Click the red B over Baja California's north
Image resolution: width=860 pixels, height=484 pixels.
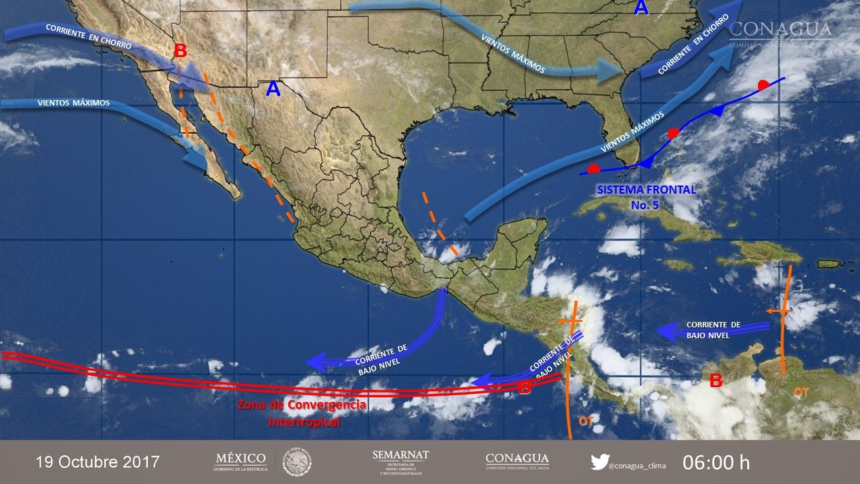[x=180, y=51]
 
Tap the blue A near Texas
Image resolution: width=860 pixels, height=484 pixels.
[x=272, y=89]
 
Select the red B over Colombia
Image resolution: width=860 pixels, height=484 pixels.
[x=716, y=381]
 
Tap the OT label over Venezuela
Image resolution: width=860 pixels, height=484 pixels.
[x=801, y=391]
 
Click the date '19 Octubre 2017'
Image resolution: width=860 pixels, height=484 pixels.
[x=97, y=462]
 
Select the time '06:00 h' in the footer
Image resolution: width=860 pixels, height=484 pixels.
[x=716, y=462]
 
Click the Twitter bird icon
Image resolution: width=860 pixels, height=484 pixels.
[x=599, y=462]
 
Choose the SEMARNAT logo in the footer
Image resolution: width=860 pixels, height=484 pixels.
[x=400, y=462]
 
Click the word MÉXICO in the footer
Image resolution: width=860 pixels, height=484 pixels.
[x=241, y=458]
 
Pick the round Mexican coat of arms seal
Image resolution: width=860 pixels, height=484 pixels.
[x=296, y=462]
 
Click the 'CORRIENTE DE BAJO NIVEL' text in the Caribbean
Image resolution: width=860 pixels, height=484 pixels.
[x=714, y=329]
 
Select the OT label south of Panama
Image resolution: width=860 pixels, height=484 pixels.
[x=585, y=421]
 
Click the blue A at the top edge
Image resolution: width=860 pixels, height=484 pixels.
[x=642, y=8]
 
